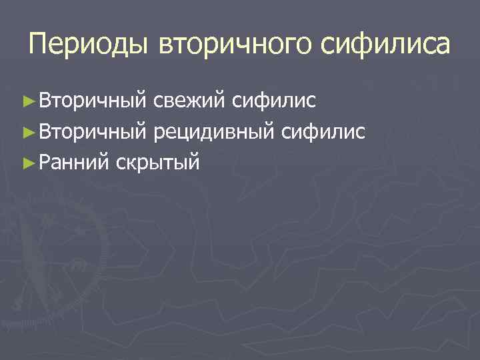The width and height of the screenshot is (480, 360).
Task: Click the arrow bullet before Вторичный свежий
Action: pos(27,102)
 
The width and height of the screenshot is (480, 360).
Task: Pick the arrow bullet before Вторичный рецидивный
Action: pos(27,132)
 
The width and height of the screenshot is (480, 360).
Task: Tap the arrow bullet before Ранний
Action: pos(27,161)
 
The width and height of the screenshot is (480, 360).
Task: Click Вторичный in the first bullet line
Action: pos(92,102)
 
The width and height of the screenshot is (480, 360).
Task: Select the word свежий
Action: pos(189,102)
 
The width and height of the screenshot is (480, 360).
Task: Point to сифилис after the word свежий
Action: pos(274,102)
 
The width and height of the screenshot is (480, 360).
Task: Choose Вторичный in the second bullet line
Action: pos(92,132)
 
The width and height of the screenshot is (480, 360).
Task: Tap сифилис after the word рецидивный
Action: pos(323,132)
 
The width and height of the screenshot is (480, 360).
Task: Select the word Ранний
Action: pos(73,161)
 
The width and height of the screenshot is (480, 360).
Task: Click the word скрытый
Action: pos(157,161)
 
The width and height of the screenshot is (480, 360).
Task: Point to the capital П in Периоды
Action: pos(39,45)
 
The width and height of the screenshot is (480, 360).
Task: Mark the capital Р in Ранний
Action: pos(44,161)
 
